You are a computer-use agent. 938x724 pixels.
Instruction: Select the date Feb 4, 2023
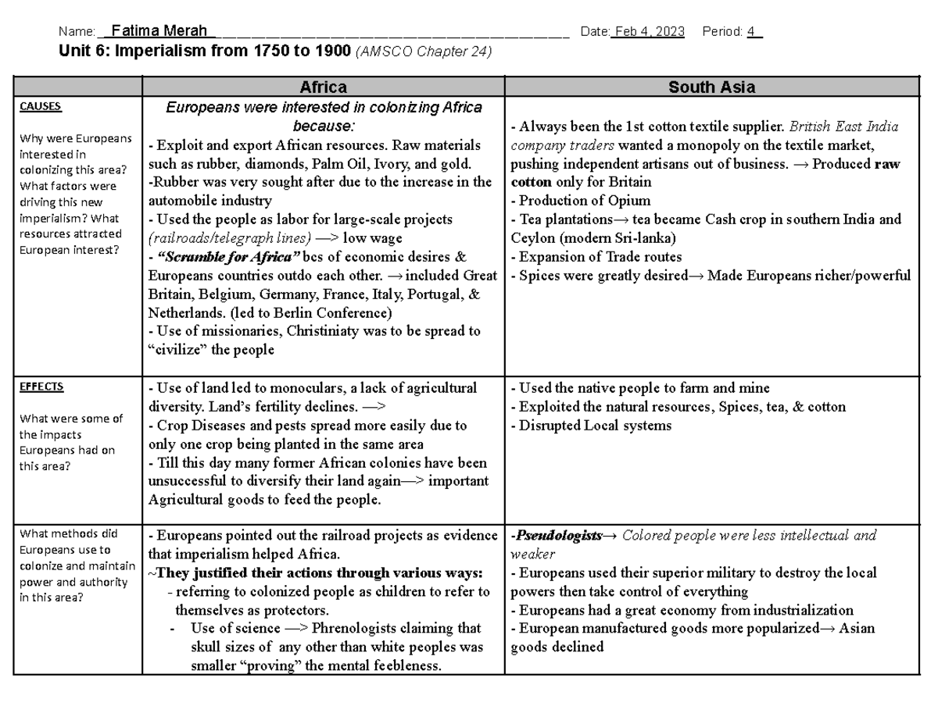pyautogui.click(x=648, y=32)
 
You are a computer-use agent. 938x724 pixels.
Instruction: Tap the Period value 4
pyautogui.click(x=751, y=32)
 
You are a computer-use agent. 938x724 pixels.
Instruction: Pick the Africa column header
pyautogui.click(x=324, y=87)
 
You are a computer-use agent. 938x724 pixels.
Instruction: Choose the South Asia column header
pyautogui.click(x=711, y=87)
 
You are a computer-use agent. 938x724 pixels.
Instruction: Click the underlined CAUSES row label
pyautogui.click(x=41, y=107)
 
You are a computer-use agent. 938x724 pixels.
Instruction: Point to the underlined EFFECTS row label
pyautogui.click(x=41, y=387)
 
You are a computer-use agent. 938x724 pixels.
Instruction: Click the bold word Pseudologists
pyautogui.click(x=558, y=536)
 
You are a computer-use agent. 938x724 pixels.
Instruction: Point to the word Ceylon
pyautogui.click(x=533, y=238)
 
